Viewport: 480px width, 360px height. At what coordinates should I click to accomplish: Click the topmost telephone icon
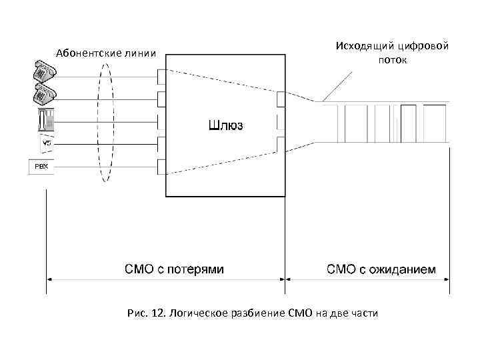point(44,71)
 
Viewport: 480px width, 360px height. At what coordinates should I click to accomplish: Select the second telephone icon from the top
point(44,94)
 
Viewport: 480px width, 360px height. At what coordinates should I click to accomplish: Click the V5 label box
point(46,143)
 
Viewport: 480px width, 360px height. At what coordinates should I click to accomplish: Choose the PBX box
point(41,165)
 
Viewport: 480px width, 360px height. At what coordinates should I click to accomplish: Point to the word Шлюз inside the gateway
point(227,124)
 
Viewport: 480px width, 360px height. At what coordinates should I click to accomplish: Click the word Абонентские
point(85,53)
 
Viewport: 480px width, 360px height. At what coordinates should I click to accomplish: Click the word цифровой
point(424,46)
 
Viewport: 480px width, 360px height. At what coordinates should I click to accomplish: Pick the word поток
point(393,60)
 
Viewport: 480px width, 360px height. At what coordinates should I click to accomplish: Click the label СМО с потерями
point(175,269)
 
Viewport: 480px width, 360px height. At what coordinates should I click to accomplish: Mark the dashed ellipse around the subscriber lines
point(103,120)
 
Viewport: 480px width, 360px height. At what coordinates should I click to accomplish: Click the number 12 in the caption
point(157,312)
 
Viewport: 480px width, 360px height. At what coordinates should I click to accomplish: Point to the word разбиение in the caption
point(258,312)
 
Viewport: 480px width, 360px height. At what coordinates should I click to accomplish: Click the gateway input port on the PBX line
point(161,165)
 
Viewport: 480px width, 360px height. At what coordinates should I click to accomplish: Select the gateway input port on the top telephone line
point(161,77)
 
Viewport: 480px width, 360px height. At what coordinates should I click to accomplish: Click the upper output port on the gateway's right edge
point(280,99)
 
